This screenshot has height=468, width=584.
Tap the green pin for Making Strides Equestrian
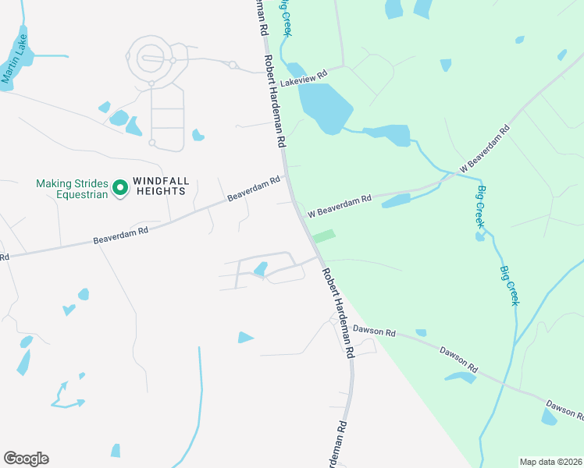[x=120, y=187]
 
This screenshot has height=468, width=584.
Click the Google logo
[x=26, y=459]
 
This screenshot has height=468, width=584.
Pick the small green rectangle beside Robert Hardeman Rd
[x=323, y=236]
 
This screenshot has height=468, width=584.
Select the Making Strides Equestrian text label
[x=71, y=189]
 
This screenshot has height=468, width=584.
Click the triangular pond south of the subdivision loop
[x=245, y=338]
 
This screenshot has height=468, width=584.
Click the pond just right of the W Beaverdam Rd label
[x=396, y=201]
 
